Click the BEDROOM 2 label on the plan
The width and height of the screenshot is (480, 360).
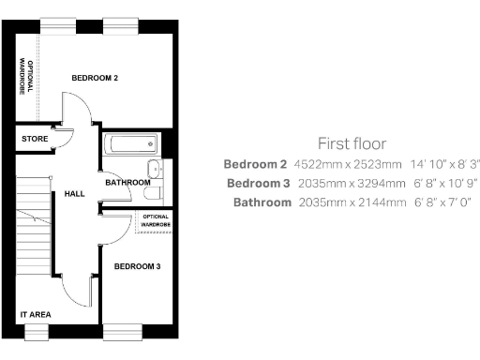[95, 78]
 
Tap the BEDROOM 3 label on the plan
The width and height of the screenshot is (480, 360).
[137, 267]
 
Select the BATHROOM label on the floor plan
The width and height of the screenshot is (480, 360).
[127, 183]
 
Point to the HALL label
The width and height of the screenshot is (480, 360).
[74, 194]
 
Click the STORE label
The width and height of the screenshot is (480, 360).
[34, 140]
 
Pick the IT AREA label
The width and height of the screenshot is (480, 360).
[36, 314]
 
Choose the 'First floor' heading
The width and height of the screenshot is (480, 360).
[352, 143]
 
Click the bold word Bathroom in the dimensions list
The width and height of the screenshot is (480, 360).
[262, 202]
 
